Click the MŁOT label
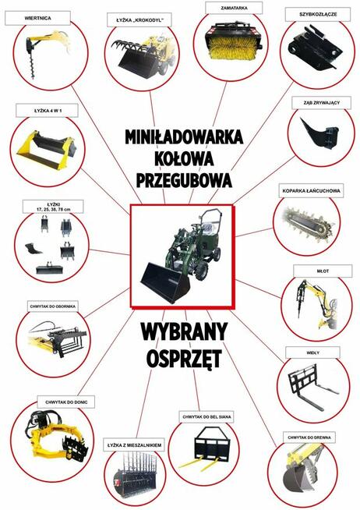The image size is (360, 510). point(319,271)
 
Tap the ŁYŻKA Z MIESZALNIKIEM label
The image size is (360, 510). point(134,444)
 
